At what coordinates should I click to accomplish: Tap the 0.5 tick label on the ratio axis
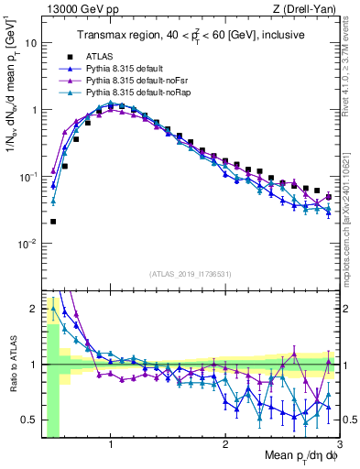pyautogui.click(x=30, y=420)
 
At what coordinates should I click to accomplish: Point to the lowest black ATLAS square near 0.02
pyautogui.click(x=53, y=222)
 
